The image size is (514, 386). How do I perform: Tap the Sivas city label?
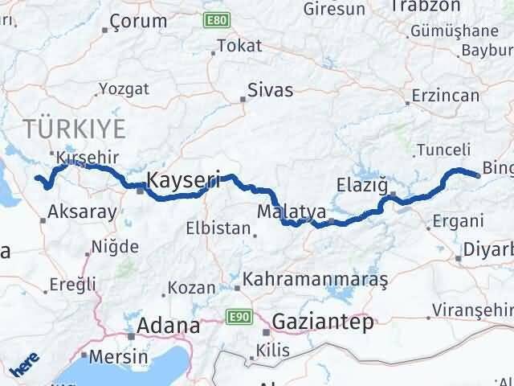pyautogui.click(x=270, y=89)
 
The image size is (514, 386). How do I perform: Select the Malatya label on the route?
pyautogui.click(x=292, y=212)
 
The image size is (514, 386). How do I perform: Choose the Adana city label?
pyautogui.click(x=169, y=326)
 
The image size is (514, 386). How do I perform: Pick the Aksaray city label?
pyautogui.click(x=83, y=212)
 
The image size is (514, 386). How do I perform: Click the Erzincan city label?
pyautogui.click(x=444, y=95)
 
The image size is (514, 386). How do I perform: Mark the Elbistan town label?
pyautogui.click(x=218, y=228)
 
